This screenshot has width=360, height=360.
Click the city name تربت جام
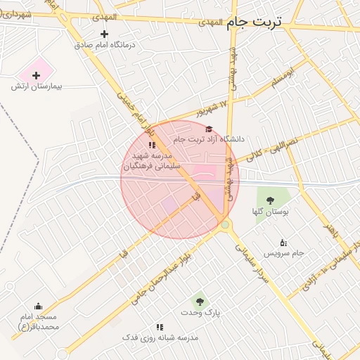click(254, 22)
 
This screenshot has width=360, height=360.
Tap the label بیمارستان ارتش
click(37, 86)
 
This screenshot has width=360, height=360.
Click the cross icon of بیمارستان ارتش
click(37, 75)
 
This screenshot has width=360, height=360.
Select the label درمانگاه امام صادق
click(108, 44)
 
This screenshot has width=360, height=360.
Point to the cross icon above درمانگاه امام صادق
click(105, 33)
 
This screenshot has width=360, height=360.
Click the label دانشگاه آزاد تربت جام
click(209, 139)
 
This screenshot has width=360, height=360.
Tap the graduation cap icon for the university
click(208, 129)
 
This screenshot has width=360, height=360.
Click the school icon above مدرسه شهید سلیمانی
click(152, 145)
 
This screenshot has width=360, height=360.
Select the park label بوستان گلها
click(271, 211)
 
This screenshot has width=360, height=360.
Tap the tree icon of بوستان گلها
click(271, 200)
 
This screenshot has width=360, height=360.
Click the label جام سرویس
click(283, 252)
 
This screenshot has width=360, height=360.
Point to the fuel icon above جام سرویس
click(283, 242)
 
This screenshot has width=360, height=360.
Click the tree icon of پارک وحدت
click(201, 301)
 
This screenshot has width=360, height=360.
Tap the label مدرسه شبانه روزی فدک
click(160, 337)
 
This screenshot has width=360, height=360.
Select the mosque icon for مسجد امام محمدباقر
click(38, 307)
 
